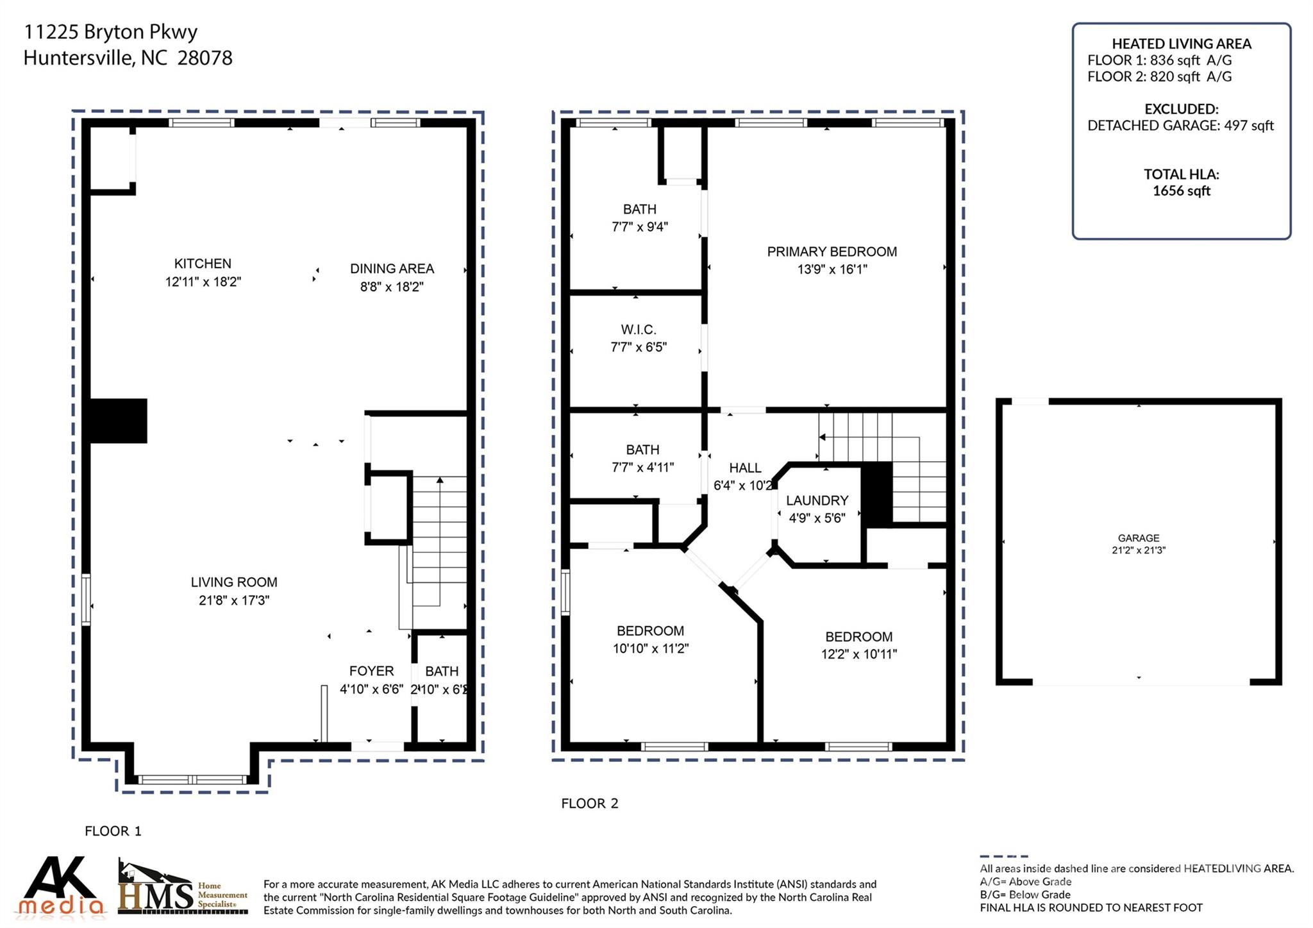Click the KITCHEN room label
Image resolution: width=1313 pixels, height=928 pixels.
(x=203, y=264)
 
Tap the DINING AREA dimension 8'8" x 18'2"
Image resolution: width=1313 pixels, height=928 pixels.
(x=392, y=287)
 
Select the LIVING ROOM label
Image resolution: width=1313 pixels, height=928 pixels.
(x=234, y=582)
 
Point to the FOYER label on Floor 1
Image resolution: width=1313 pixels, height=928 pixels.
(x=371, y=671)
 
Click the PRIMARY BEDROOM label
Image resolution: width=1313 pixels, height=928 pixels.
(x=832, y=252)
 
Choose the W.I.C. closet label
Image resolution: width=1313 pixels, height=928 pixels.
(x=638, y=330)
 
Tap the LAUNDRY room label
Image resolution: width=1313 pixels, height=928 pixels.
(x=817, y=500)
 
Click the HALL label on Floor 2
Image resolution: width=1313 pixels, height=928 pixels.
(x=745, y=468)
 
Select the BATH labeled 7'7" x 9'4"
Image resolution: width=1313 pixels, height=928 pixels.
(x=639, y=217)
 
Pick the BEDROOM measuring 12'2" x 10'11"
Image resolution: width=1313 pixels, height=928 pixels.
(x=858, y=645)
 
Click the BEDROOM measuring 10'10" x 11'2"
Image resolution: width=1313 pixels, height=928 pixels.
(x=650, y=639)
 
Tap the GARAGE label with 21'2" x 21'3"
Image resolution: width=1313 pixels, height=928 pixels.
(x=1139, y=543)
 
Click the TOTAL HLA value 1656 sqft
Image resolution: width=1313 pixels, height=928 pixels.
(x=1181, y=190)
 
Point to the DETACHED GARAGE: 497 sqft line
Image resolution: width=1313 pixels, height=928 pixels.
(x=1180, y=126)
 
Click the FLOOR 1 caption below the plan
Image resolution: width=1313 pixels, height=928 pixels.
(x=113, y=831)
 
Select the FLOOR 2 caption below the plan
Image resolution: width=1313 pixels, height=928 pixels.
(x=589, y=804)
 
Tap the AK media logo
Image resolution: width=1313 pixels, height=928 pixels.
(x=61, y=886)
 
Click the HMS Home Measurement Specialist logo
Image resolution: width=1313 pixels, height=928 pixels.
(x=182, y=889)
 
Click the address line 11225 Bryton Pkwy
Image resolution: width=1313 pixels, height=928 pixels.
(x=110, y=31)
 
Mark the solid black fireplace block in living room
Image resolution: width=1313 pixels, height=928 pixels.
(x=118, y=421)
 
